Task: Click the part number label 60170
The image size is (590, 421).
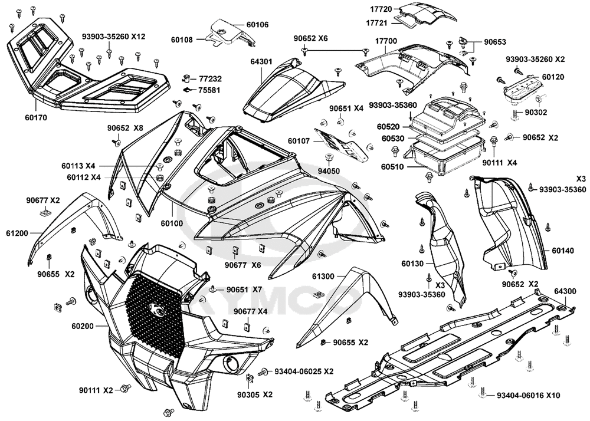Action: click(x=36, y=118)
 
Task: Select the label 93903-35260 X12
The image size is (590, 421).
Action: click(x=114, y=37)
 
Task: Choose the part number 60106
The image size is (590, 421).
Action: click(x=258, y=25)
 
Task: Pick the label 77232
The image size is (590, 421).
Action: click(x=211, y=79)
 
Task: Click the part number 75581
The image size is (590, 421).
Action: click(x=211, y=90)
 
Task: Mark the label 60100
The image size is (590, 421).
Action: click(x=172, y=223)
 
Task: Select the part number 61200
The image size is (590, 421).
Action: click(x=17, y=233)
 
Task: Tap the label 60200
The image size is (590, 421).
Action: click(x=83, y=326)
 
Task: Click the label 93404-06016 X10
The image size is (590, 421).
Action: click(x=528, y=396)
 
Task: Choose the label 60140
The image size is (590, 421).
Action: click(x=563, y=251)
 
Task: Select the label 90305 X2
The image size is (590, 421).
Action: click(x=255, y=394)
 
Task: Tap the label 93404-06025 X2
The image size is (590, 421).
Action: click(x=304, y=371)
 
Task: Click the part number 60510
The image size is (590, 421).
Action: click(x=393, y=167)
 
